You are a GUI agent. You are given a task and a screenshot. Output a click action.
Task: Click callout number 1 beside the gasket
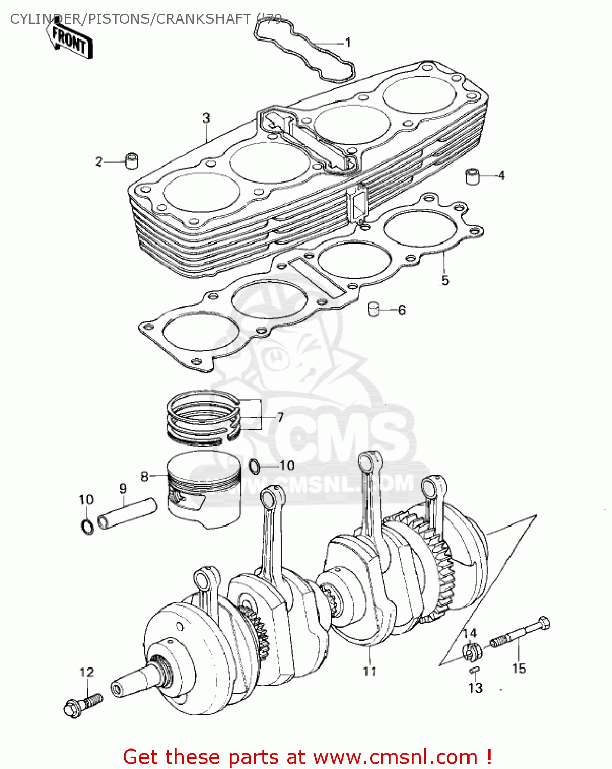(348, 43)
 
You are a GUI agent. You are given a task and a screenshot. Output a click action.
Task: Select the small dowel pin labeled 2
(132, 160)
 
